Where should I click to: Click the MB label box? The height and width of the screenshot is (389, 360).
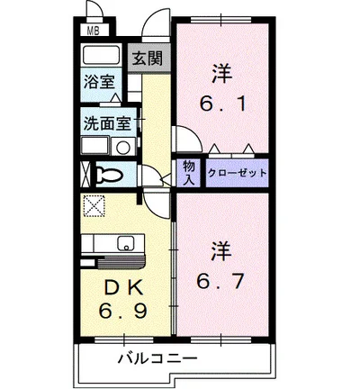coord(92,31)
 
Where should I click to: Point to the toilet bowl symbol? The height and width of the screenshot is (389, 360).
coord(110,173)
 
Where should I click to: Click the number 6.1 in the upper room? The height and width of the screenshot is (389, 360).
coord(220,104)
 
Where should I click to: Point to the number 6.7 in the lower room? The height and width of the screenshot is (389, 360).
coord(220,280)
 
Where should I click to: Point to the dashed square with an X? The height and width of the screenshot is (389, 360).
coord(94,206)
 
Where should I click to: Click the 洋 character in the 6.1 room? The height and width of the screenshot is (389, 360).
coord(220,70)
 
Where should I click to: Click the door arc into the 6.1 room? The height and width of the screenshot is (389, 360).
coord(186,142)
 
